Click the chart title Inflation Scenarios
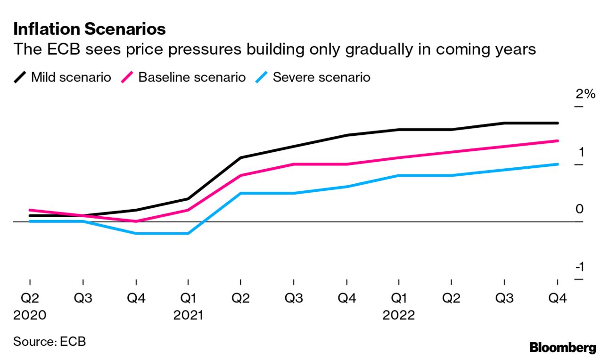(x=90, y=29)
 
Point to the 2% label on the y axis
(x=585, y=94)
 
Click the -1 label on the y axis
(x=580, y=267)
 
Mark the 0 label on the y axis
(x=579, y=209)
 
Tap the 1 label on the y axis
(x=581, y=152)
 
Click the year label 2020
(x=30, y=315)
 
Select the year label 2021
(x=188, y=315)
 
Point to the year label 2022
(x=399, y=315)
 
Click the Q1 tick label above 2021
(x=188, y=298)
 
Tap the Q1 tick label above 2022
(x=399, y=298)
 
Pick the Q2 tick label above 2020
(x=30, y=298)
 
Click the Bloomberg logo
(x=563, y=348)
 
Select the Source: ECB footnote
(x=49, y=341)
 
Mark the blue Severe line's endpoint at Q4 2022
(x=558, y=164)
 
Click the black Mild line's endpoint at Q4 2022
(x=558, y=123)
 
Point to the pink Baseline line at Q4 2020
(x=136, y=221)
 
